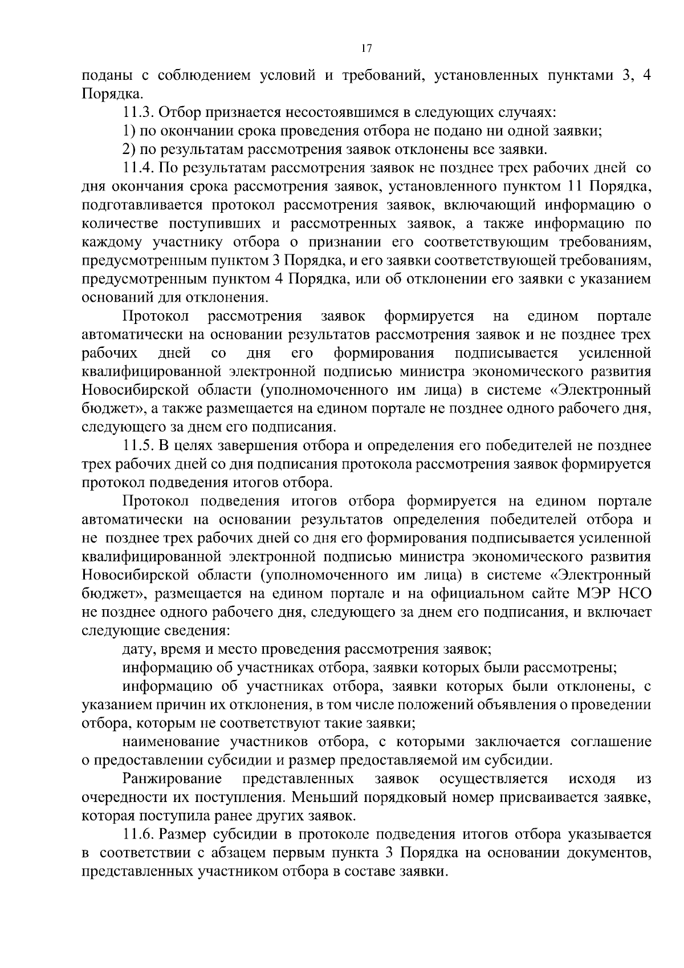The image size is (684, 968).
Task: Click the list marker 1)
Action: tap(128, 131)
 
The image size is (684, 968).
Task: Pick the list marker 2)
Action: tap(128, 149)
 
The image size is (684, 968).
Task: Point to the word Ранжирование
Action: tap(172, 779)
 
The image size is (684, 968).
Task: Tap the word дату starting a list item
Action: tap(138, 650)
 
